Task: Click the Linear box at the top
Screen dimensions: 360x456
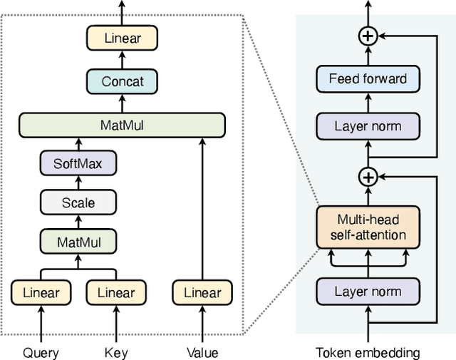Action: pos(122,37)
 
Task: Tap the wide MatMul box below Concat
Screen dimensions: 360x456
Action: pos(122,125)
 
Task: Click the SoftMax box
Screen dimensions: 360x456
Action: pos(78,164)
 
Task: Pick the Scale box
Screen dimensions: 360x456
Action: pos(78,202)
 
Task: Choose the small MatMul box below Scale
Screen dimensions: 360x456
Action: pos(78,242)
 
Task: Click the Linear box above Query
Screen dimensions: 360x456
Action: pos(41,292)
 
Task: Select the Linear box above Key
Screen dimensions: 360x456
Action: pos(115,292)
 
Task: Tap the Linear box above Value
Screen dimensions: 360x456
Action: pos(202,292)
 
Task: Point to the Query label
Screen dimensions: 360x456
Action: pos(41,352)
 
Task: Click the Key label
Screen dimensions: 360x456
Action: pos(115,352)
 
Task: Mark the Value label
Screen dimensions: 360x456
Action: pos(202,352)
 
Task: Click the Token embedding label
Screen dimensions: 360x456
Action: pos(368,352)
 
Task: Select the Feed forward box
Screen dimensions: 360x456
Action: pos(368,79)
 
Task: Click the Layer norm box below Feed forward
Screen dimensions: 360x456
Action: pos(368,127)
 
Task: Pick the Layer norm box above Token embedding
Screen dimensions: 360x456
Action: pos(368,291)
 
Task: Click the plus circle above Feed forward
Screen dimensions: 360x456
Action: pos(368,36)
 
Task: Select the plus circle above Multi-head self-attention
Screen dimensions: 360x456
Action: pos(368,176)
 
